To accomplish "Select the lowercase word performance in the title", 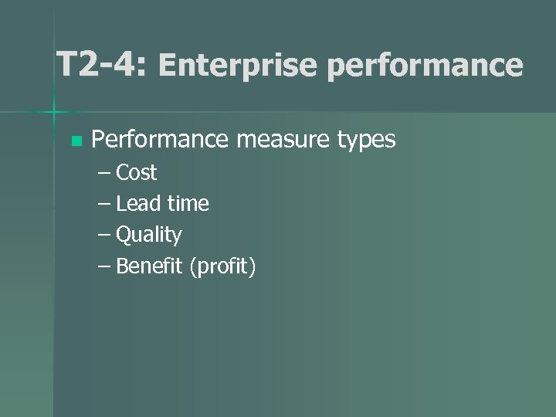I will [x=424, y=66].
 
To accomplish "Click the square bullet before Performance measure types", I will [x=75, y=141].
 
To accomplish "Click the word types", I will [x=366, y=141].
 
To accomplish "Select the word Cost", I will [x=137, y=172].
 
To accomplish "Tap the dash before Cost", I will [x=105, y=173].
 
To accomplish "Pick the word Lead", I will [x=139, y=204].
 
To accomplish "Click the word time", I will [x=188, y=204].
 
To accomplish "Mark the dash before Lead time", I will [x=105, y=205].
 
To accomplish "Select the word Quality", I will [x=149, y=236].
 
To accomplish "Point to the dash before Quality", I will [x=105, y=236].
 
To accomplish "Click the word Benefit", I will [x=149, y=266].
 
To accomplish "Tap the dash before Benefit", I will [x=105, y=267].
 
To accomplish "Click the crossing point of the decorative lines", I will [x=54, y=113].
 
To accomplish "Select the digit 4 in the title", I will [x=124, y=65].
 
